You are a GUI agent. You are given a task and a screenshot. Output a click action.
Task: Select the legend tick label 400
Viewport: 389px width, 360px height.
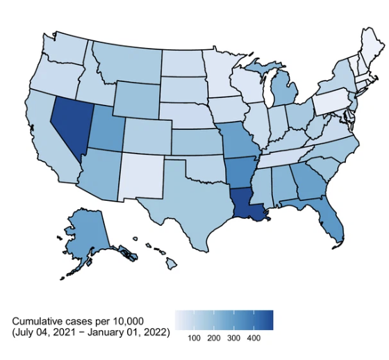pyautogui.click(x=254, y=337)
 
